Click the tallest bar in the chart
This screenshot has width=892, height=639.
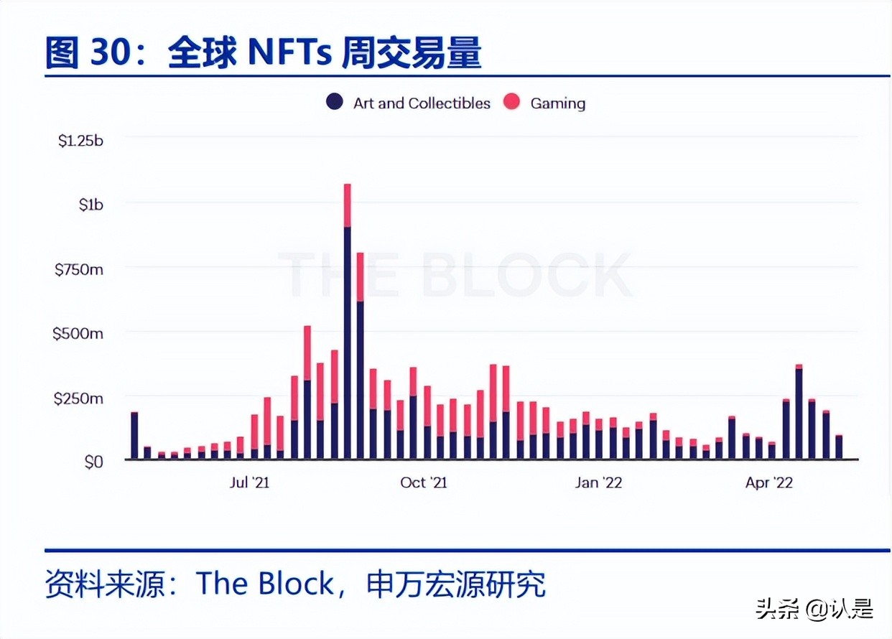(x=348, y=323)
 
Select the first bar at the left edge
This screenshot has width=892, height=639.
(x=134, y=436)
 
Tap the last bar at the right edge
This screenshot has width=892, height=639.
(x=838, y=447)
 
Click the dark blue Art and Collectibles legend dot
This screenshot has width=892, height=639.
(x=334, y=102)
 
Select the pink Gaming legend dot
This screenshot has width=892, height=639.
(x=511, y=102)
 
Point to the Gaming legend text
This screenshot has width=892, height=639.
(x=557, y=103)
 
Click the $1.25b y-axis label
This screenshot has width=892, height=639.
(x=80, y=141)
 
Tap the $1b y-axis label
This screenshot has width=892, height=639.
(x=90, y=205)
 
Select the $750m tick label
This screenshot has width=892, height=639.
(x=80, y=269)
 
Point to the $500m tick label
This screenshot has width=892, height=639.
(x=78, y=334)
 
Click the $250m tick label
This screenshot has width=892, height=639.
(x=79, y=398)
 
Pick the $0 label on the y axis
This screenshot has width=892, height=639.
(x=93, y=462)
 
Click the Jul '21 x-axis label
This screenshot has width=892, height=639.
(x=249, y=482)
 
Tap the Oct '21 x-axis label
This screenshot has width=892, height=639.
(x=424, y=482)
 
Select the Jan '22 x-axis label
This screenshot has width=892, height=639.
(x=598, y=482)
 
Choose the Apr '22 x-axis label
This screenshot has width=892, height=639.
(x=768, y=482)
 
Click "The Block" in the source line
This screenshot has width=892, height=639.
(x=265, y=584)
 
